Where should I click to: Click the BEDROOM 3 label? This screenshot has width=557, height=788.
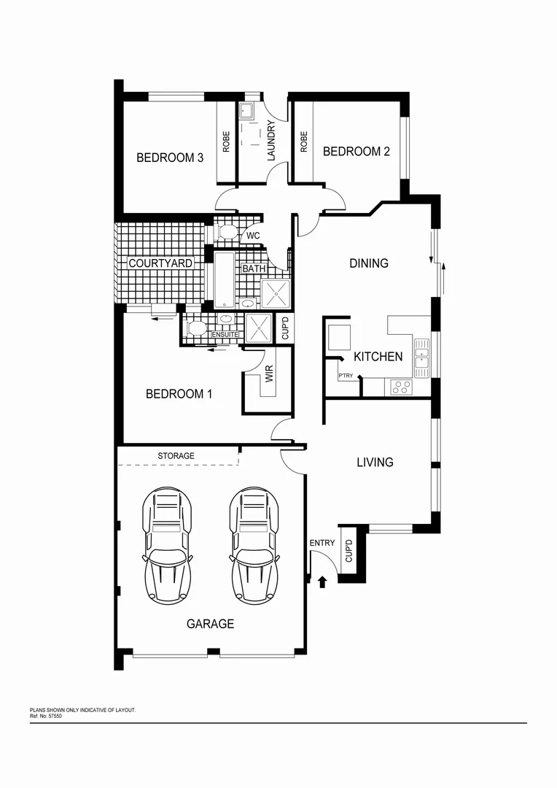point(170,158)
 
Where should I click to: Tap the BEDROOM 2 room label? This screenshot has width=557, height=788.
point(357,152)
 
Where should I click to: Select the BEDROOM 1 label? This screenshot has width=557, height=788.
point(179,394)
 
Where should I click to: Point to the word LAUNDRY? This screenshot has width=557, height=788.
point(271,141)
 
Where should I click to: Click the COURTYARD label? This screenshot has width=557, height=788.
point(160,263)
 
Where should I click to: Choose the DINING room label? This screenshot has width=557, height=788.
point(369,263)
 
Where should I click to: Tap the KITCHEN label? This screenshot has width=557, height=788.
point(378,357)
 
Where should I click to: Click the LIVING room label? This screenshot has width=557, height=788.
point(375,462)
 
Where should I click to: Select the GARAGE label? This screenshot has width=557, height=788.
point(210,624)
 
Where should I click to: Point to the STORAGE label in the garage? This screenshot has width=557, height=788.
point(176,456)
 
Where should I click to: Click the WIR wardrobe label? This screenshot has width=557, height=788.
point(269,375)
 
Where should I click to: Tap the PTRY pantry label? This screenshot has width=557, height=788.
point(346,376)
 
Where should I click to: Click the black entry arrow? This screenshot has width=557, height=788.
point(324,581)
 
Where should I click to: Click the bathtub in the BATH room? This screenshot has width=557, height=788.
point(225,279)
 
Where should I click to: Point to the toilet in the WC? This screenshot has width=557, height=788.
point(227,233)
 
